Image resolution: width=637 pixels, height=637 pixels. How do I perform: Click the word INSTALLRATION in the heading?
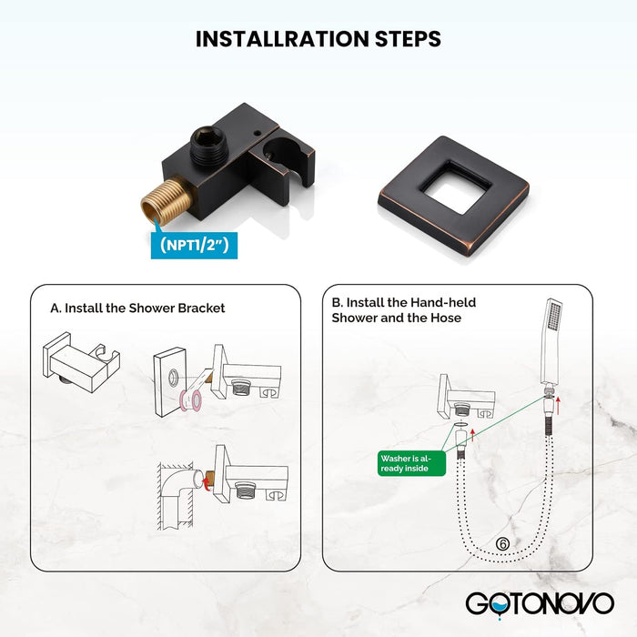coord(283,39)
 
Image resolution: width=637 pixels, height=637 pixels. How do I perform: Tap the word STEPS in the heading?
coord(408,39)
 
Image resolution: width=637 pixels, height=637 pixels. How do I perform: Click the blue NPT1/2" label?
coord(194,246)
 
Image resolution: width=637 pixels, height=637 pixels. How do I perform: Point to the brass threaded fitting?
coord(167,201)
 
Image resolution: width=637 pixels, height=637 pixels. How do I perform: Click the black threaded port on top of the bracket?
coord(207,146)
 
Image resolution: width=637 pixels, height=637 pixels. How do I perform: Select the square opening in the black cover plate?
coord(455,187)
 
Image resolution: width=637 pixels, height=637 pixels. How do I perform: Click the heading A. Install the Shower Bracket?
coord(137,308)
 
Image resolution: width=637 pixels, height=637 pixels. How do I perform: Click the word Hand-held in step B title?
coord(443,302)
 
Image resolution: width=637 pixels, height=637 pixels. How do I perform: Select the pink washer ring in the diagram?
coord(191,400)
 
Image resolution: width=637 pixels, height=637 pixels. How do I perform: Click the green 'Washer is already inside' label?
coord(411,463)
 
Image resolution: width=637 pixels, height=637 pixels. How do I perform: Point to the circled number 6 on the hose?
coord(502,544)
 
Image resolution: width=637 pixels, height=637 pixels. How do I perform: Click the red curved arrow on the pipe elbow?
coord(207,483)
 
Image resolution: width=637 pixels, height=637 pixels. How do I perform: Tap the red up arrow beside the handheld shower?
coord(559,406)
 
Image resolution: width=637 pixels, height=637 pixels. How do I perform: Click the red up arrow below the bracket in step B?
coord(472,435)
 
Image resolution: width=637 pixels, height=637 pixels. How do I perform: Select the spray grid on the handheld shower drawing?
coord(554,317)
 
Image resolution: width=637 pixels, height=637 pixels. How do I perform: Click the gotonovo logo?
coord(540,604)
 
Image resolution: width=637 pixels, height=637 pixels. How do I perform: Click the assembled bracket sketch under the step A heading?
coord(81,362)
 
